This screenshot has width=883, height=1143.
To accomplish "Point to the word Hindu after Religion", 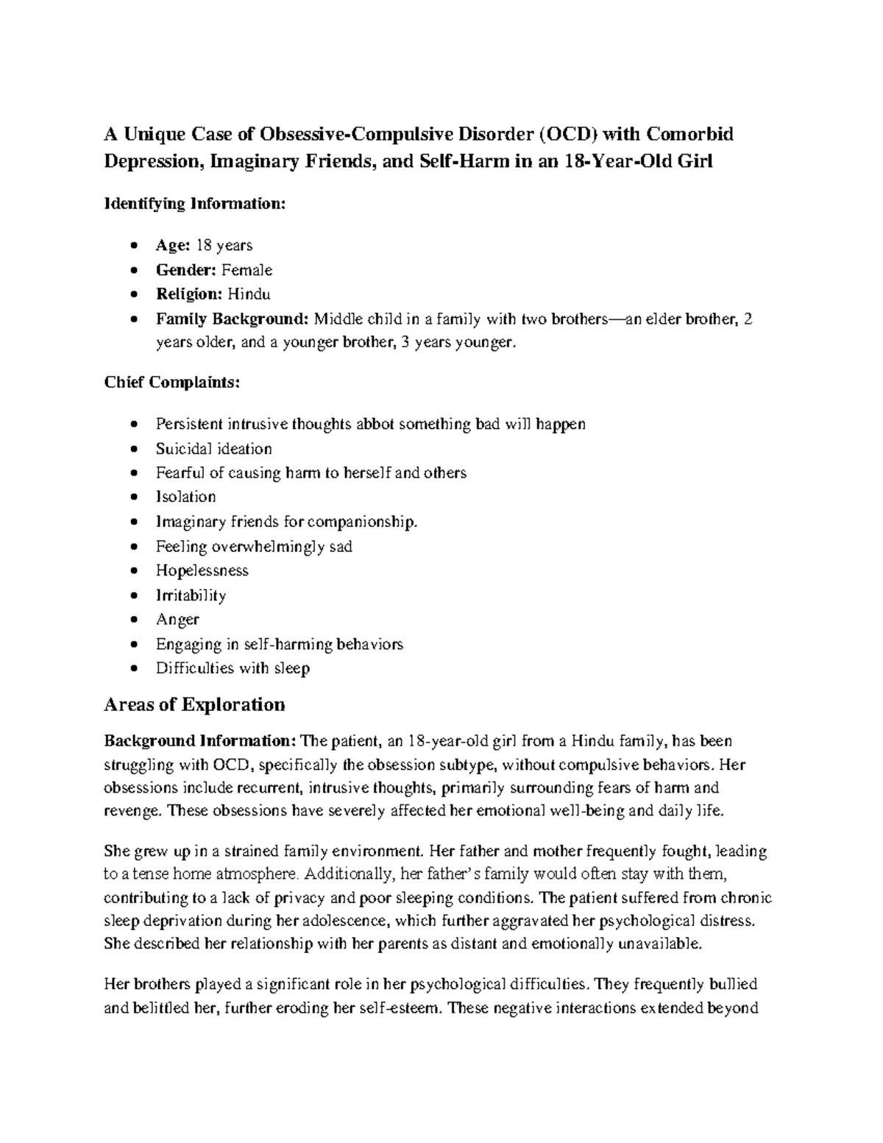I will click(249, 294).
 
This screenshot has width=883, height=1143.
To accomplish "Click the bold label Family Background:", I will click(233, 319).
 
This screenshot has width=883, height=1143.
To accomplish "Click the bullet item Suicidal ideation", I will click(213, 449).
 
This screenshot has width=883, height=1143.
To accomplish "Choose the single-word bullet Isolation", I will click(185, 497).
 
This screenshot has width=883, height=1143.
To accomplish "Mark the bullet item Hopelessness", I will click(202, 570).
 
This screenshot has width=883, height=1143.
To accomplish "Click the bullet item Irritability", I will click(191, 595).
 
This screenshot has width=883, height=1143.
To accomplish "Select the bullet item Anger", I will click(177, 620).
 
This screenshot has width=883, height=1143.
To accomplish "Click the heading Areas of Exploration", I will click(194, 704).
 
